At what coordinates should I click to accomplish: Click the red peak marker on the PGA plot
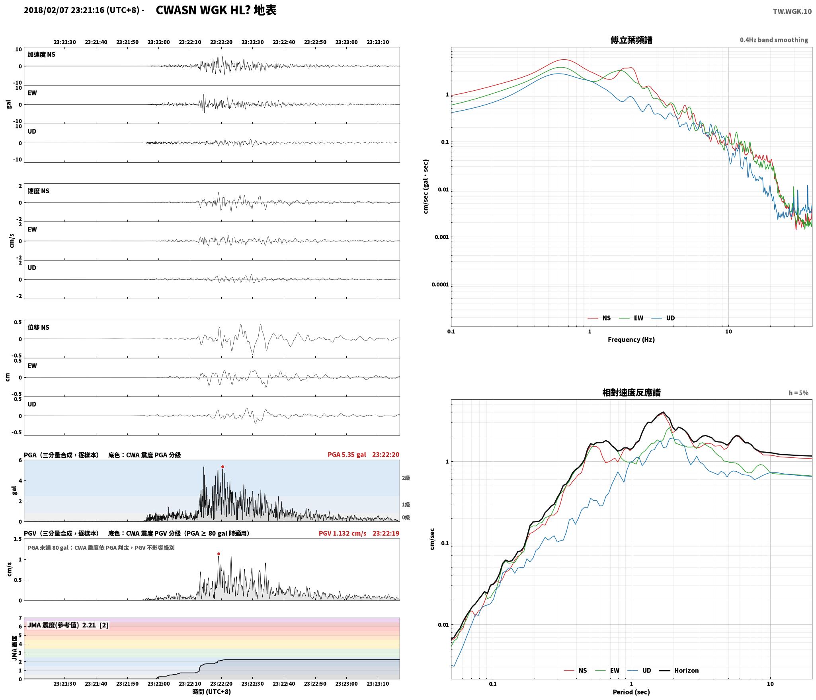point(223,467)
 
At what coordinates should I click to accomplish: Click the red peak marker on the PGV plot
point(219,554)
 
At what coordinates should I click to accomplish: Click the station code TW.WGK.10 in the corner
point(792,12)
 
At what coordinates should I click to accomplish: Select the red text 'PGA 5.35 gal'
point(347,455)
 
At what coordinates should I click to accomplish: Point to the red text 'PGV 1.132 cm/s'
point(342,533)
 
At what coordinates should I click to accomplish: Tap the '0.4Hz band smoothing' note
point(774,40)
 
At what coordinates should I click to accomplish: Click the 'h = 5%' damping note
point(798,393)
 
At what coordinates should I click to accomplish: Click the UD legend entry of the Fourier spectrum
point(663,318)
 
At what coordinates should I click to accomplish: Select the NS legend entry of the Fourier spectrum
point(599,318)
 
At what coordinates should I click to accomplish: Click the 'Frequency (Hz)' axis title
point(631,340)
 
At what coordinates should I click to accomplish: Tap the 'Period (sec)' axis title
point(631,692)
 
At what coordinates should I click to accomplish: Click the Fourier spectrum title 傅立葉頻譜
point(631,40)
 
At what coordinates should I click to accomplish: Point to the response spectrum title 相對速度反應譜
point(631,393)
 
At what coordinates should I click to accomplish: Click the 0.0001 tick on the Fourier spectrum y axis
point(440,284)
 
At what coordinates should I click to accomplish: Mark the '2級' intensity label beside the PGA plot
point(406,478)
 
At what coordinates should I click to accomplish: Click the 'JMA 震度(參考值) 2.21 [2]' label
point(68,625)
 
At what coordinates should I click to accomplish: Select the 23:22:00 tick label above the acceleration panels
point(158,42)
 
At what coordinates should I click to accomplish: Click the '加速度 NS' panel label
point(41,54)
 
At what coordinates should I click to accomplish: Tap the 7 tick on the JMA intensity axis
point(20,618)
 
